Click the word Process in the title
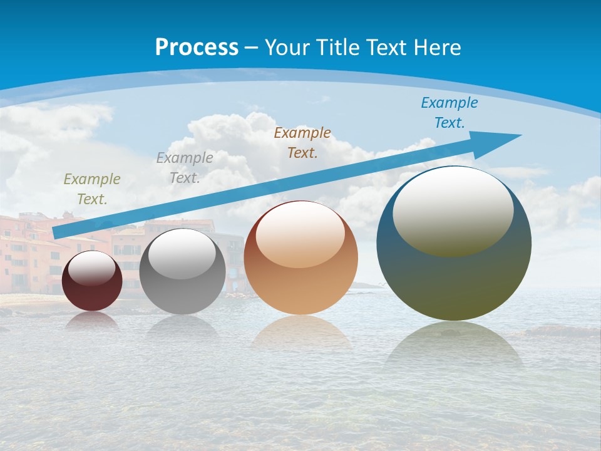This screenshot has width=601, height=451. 197,48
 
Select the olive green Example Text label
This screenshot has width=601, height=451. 92,189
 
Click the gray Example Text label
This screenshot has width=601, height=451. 185,167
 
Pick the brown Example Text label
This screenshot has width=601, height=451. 302,142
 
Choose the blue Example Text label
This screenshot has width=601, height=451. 449,112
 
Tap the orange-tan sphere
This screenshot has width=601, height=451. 300,276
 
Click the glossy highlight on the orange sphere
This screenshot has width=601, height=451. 300,234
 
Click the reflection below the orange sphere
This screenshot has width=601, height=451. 300,332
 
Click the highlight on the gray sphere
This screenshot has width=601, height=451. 182,254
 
